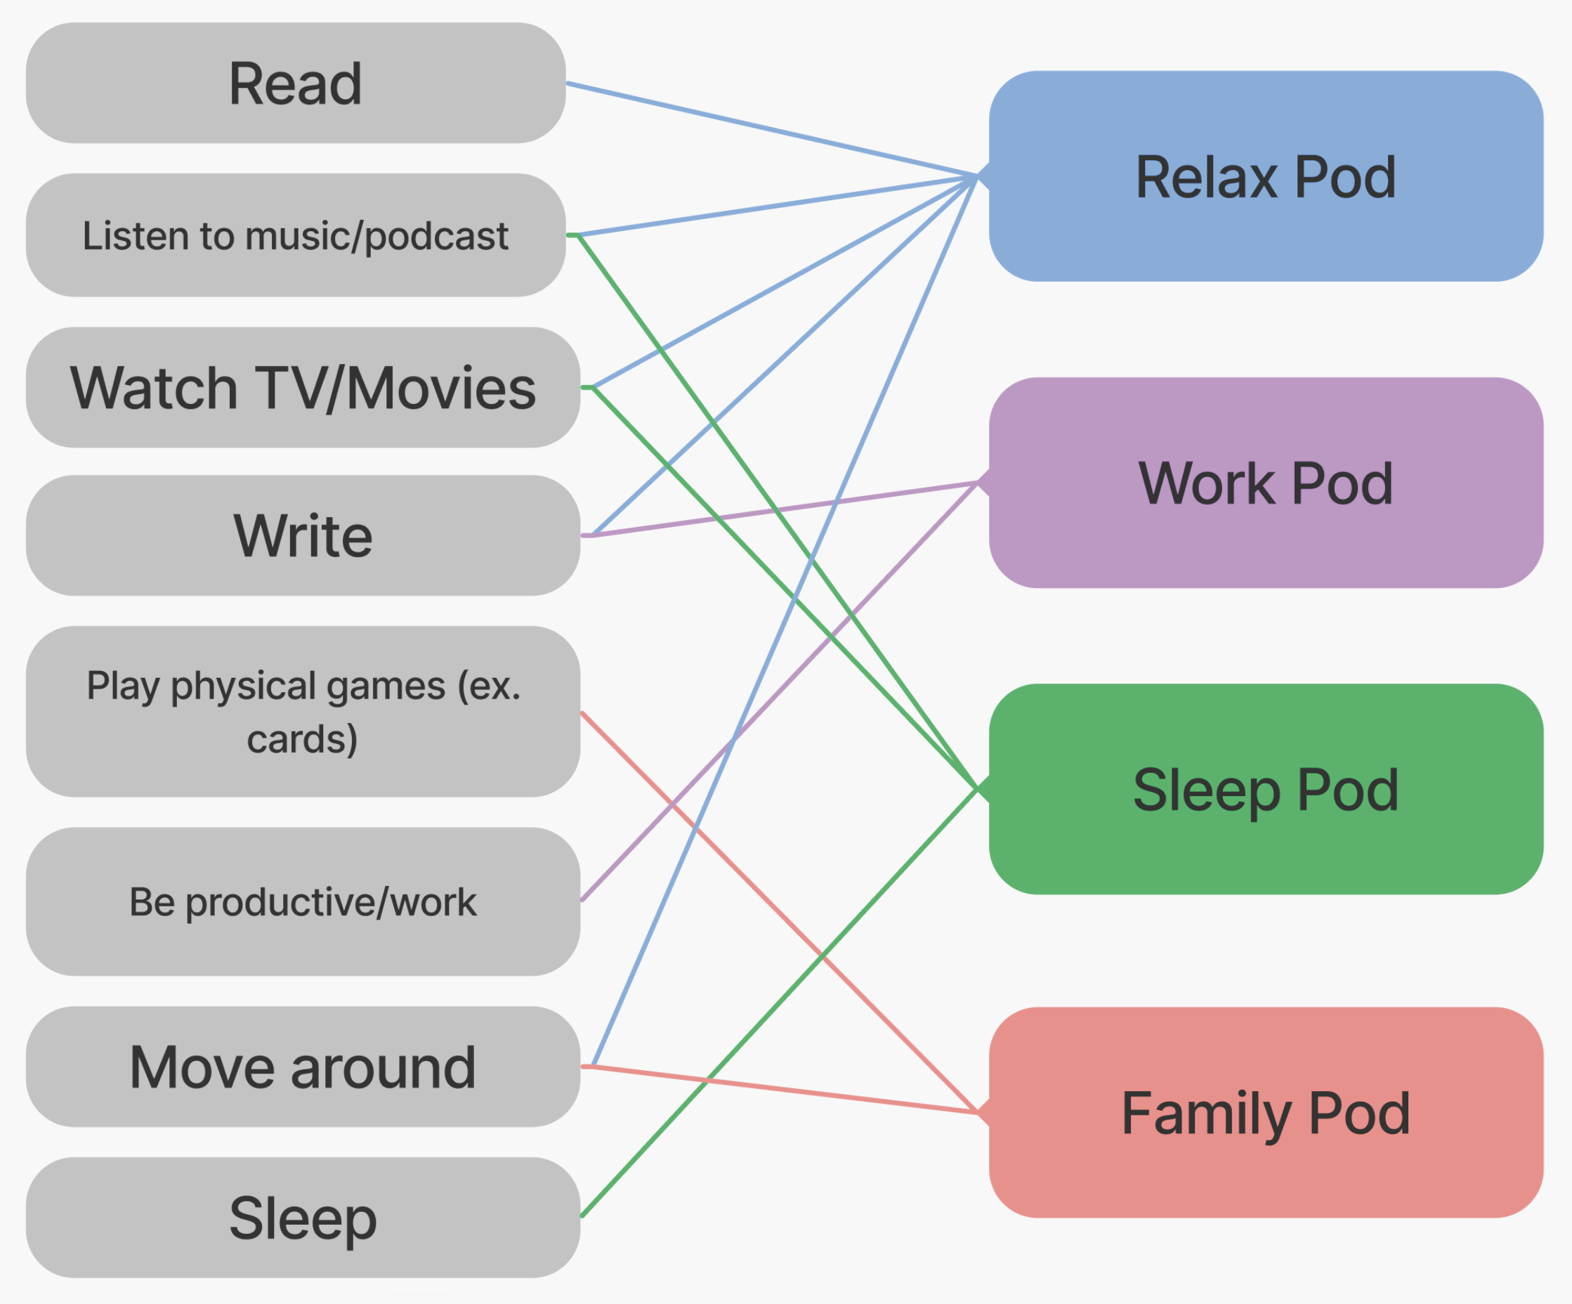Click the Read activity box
(x=295, y=83)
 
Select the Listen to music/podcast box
(x=295, y=235)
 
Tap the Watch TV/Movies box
(x=303, y=388)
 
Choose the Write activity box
(x=303, y=536)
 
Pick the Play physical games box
(x=303, y=711)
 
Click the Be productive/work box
(x=303, y=901)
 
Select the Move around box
(x=303, y=1067)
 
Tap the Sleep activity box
(x=303, y=1218)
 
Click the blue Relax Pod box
(x=1265, y=176)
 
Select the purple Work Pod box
(x=1265, y=483)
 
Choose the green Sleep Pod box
(x=1265, y=789)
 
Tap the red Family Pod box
(x=1265, y=1113)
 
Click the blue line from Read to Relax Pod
(x=771, y=129)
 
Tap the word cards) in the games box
(x=303, y=740)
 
